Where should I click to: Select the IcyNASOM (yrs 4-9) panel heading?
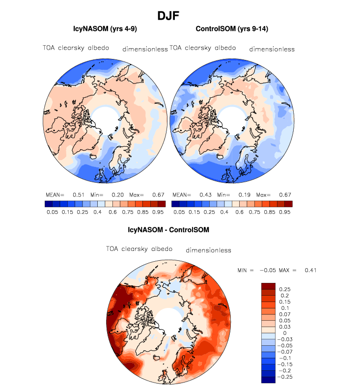(x=104, y=30)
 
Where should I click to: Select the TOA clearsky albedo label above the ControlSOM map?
(x=203, y=48)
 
